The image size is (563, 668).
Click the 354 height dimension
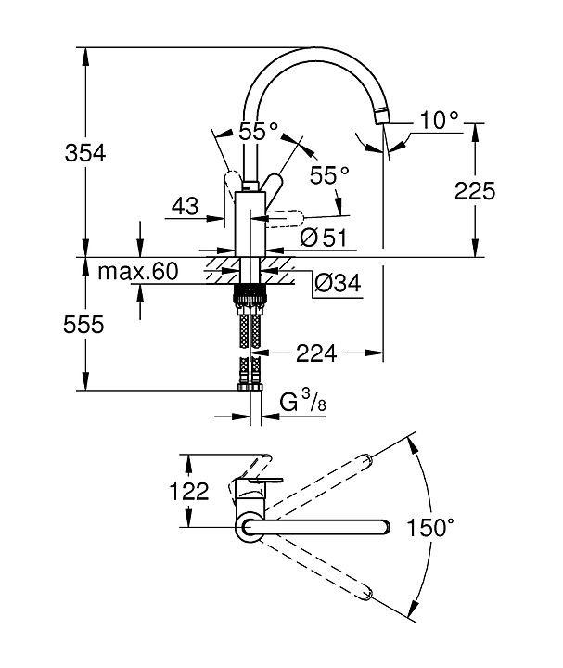(84, 153)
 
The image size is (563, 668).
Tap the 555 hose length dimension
(83, 324)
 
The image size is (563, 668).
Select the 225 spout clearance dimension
(475, 190)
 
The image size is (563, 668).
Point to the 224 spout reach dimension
(316, 353)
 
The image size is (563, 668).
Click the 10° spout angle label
(439, 120)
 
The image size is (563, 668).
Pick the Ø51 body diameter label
(323, 238)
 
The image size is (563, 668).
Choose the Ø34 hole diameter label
(338, 282)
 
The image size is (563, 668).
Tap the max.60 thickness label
(137, 271)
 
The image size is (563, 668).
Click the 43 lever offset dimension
(185, 206)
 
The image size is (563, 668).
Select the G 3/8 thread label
(302, 402)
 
